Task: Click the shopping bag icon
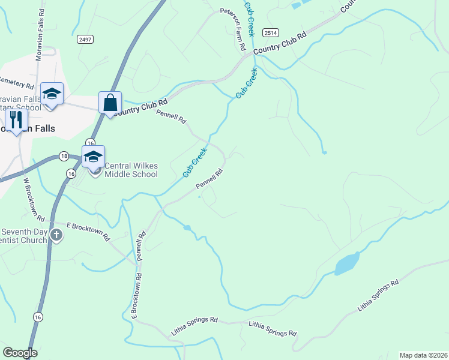[110, 103]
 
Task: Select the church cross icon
[56, 235]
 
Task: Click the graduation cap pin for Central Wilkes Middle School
[93, 158]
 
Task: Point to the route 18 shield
[64, 157]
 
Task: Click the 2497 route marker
[85, 40]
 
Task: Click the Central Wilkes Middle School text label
[131, 170]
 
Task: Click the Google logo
[20, 353]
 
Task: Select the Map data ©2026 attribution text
[424, 355]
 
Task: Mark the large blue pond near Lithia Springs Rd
[348, 263]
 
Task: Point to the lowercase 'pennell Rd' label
[141, 246]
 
